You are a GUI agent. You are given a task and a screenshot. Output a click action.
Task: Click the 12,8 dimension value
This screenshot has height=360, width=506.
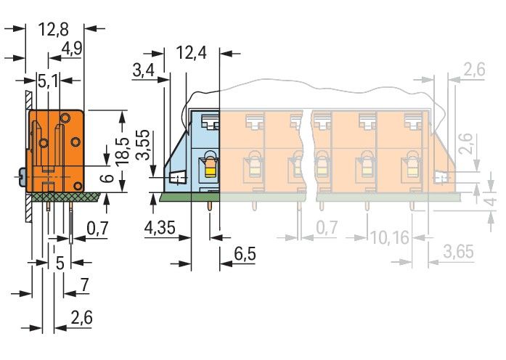coord(54,30)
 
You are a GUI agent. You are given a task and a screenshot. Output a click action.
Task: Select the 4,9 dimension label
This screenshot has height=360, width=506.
coord(72,49)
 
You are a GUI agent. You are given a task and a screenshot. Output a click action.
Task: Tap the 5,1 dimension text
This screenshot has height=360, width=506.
coord(49,81)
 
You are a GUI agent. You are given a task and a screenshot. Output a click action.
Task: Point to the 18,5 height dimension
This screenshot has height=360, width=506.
coord(122,152)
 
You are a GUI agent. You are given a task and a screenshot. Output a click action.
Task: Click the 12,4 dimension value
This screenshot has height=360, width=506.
coord(192,52)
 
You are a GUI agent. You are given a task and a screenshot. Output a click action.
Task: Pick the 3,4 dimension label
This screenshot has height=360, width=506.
coord(143,70)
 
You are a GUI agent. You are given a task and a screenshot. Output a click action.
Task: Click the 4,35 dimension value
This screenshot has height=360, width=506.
coord(160,228)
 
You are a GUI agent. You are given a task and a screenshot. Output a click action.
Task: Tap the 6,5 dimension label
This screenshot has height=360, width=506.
coord(245,253)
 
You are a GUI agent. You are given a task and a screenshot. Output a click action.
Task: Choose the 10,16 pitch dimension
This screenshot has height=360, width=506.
coord(390,238)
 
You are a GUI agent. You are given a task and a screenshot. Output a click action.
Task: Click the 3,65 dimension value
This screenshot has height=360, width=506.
coord(459,252)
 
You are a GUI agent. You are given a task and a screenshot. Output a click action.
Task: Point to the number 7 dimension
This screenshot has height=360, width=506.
coord(84,285)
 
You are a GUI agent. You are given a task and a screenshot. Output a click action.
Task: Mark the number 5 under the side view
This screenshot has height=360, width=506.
coord(60,263)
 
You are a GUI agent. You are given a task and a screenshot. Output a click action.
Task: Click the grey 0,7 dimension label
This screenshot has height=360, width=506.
coord(327,227)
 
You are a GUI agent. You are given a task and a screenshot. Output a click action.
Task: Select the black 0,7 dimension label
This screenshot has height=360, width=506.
coord(97,229)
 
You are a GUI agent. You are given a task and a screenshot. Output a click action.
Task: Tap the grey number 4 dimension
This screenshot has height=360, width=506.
coord(491,202)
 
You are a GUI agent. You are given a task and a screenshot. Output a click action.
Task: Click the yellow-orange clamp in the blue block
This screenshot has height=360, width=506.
coord(210,168)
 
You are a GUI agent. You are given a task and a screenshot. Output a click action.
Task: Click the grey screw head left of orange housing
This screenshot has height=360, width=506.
coord(21,177)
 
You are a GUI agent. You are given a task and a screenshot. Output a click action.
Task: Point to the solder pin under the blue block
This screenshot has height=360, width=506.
coord(211,206)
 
